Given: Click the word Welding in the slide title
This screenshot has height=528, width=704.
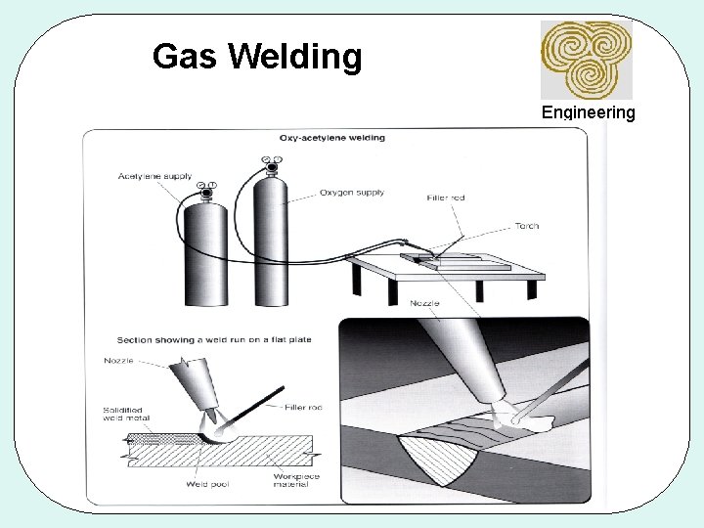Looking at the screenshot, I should (x=295, y=59).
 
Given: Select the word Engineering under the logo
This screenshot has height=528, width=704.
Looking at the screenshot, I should (x=588, y=112).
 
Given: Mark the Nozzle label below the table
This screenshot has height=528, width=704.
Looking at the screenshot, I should (x=424, y=303).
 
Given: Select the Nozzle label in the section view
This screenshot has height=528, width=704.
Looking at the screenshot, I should (x=118, y=361).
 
